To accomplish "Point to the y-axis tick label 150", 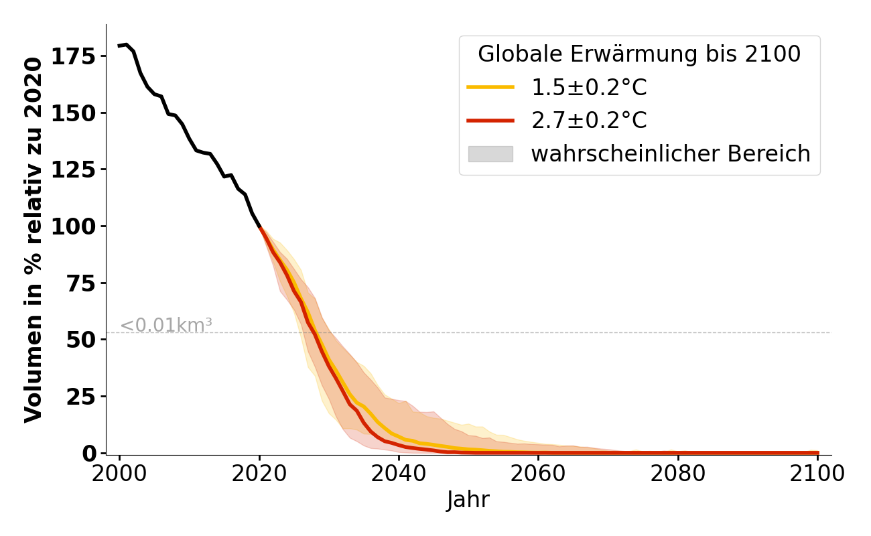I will pyautogui.click(x=74, y=113).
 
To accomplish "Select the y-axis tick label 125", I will pyautogui.click(x=74, y=170).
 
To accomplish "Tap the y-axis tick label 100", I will pyautogui.click(x=74, y=226).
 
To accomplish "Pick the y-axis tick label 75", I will pyautogui.click(x=81, y=283).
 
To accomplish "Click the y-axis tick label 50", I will pyautogui.click(x=81, y=340).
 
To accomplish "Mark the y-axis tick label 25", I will pyautogui.click(x=81, y=397).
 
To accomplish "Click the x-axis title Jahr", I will pyautogui.click(x=468, y=500).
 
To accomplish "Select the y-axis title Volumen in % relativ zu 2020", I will pyautogui.click(x=34, y=240).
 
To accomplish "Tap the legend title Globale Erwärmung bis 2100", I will pyautogui.click(x=639, y=54).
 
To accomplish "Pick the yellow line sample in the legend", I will pyautogui.click(x=490, y=87).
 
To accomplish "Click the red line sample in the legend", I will pyautogui.click(x=490, y=121).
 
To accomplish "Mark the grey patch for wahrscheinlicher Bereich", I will pyautogui.click(x=490, y=154).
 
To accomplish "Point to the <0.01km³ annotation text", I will pyautogui.click(x=166, y=326).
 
